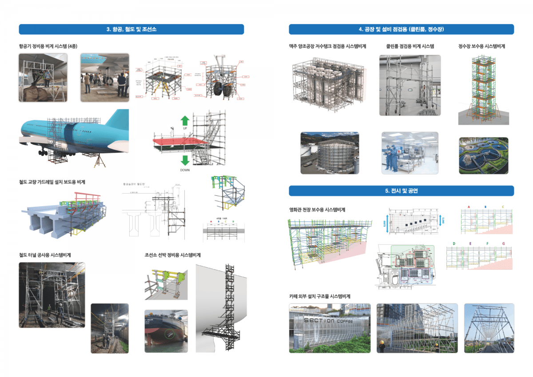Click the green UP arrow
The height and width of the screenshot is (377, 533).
[x=185, y=121]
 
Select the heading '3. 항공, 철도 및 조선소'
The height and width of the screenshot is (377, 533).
[x=131, y=29]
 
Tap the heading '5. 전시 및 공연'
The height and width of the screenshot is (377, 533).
[x=401, y=191]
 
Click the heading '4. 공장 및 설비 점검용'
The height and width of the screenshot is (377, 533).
[x=401, y=29]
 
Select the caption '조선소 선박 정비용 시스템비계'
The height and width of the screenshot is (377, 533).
[x=173, y=255]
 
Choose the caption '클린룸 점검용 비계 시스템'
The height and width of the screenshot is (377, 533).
[x=410, y=46]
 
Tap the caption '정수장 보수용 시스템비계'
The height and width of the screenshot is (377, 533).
[x=481, y=46]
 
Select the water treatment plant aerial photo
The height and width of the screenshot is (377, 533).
[x=483, y=155]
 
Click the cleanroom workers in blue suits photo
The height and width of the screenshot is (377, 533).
[x=410, y=153]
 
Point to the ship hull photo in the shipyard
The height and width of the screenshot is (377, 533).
[x=164, y=331]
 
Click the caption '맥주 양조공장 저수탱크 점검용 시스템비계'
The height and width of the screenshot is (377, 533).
[x=327, y=46]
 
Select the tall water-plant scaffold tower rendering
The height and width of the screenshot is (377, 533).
[x=483, y=89]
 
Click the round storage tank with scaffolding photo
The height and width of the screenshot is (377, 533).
[x=330, y=153]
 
